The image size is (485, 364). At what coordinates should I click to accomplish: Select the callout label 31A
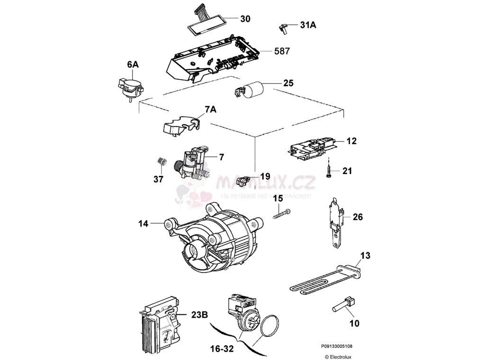308,26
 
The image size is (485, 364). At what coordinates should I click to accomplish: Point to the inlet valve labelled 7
194,164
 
